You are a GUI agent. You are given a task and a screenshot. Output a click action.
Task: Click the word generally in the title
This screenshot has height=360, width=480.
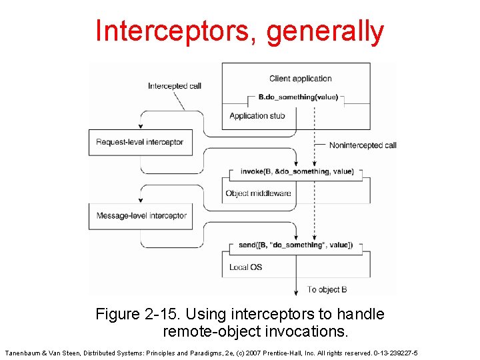(325, 31)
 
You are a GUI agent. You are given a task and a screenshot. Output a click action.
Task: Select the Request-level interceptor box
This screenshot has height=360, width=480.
(140, 142)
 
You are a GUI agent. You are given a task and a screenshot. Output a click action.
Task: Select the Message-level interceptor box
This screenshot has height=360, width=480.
(141, 216)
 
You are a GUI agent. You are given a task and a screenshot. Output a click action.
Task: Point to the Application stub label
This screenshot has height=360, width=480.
(257, 116)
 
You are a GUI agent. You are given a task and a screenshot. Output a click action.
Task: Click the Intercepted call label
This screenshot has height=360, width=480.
(174, 86)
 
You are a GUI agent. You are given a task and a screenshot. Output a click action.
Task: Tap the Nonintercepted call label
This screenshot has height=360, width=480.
(363, 145)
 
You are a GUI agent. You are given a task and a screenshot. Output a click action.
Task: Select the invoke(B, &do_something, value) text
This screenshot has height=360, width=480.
(296, 171)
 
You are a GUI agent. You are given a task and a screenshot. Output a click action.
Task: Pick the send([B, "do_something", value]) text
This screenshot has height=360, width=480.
(296, 245)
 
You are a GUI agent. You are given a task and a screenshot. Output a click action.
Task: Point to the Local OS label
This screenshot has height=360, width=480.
(245, 267)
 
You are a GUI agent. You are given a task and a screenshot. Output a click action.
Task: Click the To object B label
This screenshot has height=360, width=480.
(327, 289)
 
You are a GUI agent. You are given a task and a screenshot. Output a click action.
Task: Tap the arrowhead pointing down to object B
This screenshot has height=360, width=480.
(296, 291)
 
